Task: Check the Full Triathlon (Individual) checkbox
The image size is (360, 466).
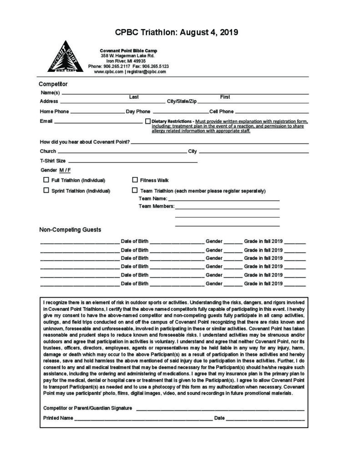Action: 46,180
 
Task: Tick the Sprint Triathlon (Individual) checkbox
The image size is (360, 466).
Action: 46,191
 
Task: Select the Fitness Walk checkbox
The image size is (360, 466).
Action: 135,180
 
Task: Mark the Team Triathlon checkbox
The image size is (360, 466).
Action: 135,191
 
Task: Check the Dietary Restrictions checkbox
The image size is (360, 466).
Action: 148,122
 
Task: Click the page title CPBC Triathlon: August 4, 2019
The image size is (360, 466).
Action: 177,33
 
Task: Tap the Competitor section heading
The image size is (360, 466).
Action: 53,84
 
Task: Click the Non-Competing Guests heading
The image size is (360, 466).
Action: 70,229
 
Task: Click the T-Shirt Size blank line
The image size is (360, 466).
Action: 132,162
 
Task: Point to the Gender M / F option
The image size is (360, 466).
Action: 65,170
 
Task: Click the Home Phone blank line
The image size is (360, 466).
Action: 97,112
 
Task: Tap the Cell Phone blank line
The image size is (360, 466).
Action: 272,112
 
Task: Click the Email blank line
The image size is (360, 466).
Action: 98,122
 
